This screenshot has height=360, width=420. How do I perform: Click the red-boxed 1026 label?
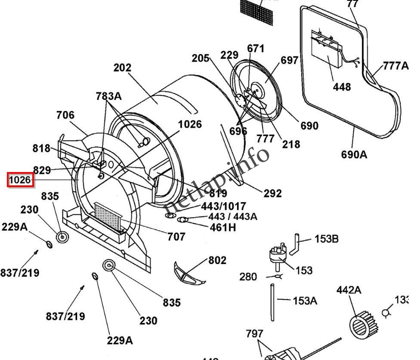[20, 180]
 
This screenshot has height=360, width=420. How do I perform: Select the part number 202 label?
[123, 68]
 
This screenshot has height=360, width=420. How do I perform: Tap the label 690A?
[354, 154]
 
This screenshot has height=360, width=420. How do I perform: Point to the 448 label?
[342, 87]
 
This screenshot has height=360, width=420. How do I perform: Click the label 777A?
[395, 65]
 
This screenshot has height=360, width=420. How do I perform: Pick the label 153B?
[327, 239]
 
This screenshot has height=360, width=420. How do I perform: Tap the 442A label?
[349, 290]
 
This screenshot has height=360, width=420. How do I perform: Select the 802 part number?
[217, 260]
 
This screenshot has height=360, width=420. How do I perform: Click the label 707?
[176, 236]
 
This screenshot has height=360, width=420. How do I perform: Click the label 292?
[273, 194]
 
